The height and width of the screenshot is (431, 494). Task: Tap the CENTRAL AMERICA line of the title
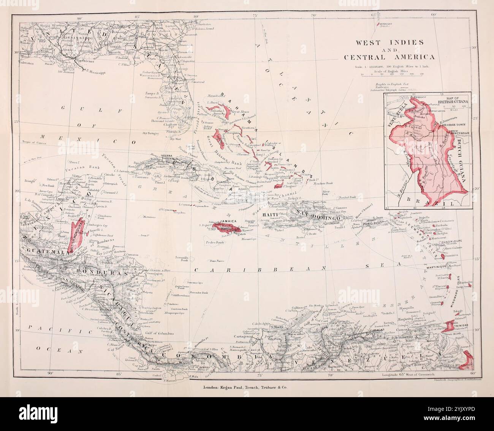coord(389,57)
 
